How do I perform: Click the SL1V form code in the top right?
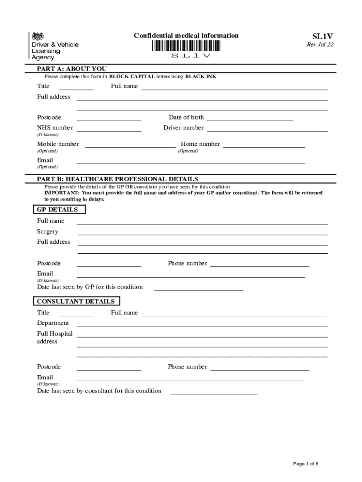(x=323, y=36)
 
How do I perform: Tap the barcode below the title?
(x=186, y=46)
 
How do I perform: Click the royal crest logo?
(x=37, y=36)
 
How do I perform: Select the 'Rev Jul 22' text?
(x=320, y=45)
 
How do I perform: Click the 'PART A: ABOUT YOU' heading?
(x=71, y=69)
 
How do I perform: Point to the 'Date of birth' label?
(x=186, y=117)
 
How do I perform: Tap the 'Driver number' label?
(x=183, y=128)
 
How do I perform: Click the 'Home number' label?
(x=200, y=144)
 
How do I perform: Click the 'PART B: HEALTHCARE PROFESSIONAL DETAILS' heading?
(x=118, y=179)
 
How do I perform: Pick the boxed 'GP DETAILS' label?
(x=57, y=209)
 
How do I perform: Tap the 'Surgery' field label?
(x=48, y=232)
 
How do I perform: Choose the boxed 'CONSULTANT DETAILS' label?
(x=76, y=301)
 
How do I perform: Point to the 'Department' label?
(x=53, y=323)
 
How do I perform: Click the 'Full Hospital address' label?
(x=55, y=337)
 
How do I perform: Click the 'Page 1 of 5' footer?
(x=306, y=464)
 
